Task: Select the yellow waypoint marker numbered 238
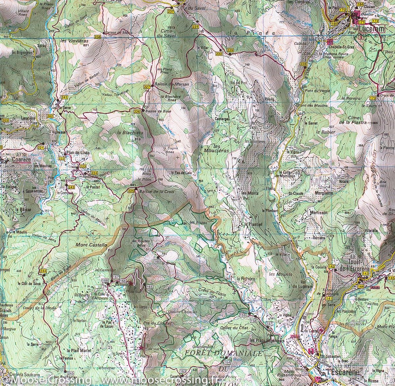tap(97, 36)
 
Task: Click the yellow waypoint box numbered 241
tap(64, 97)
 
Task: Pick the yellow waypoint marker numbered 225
tap(131, 191)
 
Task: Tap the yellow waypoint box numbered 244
tap(43, 271)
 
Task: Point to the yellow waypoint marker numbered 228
tap(303, 64)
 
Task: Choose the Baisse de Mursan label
tap(170, 84)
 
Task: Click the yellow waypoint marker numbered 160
tap(157, 261)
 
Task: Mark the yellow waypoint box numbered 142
tap(331, 266)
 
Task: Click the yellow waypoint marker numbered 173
tap(373, 98)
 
